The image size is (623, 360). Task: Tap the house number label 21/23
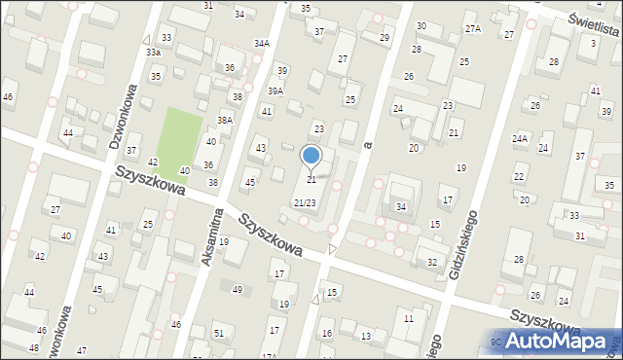pos(305,202)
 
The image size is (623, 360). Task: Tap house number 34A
pos(262,44)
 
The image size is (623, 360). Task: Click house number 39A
pos(275,90)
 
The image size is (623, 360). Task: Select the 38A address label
pos(225,121)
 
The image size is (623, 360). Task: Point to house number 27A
pos(473,29)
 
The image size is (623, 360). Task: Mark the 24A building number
pos(520,139)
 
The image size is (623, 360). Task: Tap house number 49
pos(238,289)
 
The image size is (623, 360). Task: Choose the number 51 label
pos(219,334)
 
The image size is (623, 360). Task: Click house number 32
pos(432,263)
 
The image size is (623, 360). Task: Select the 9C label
pos(496,342)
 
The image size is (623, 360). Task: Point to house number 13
pos(365,336)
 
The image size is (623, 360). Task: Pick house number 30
pos(421,26)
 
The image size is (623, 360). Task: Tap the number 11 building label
pos(409,318)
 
